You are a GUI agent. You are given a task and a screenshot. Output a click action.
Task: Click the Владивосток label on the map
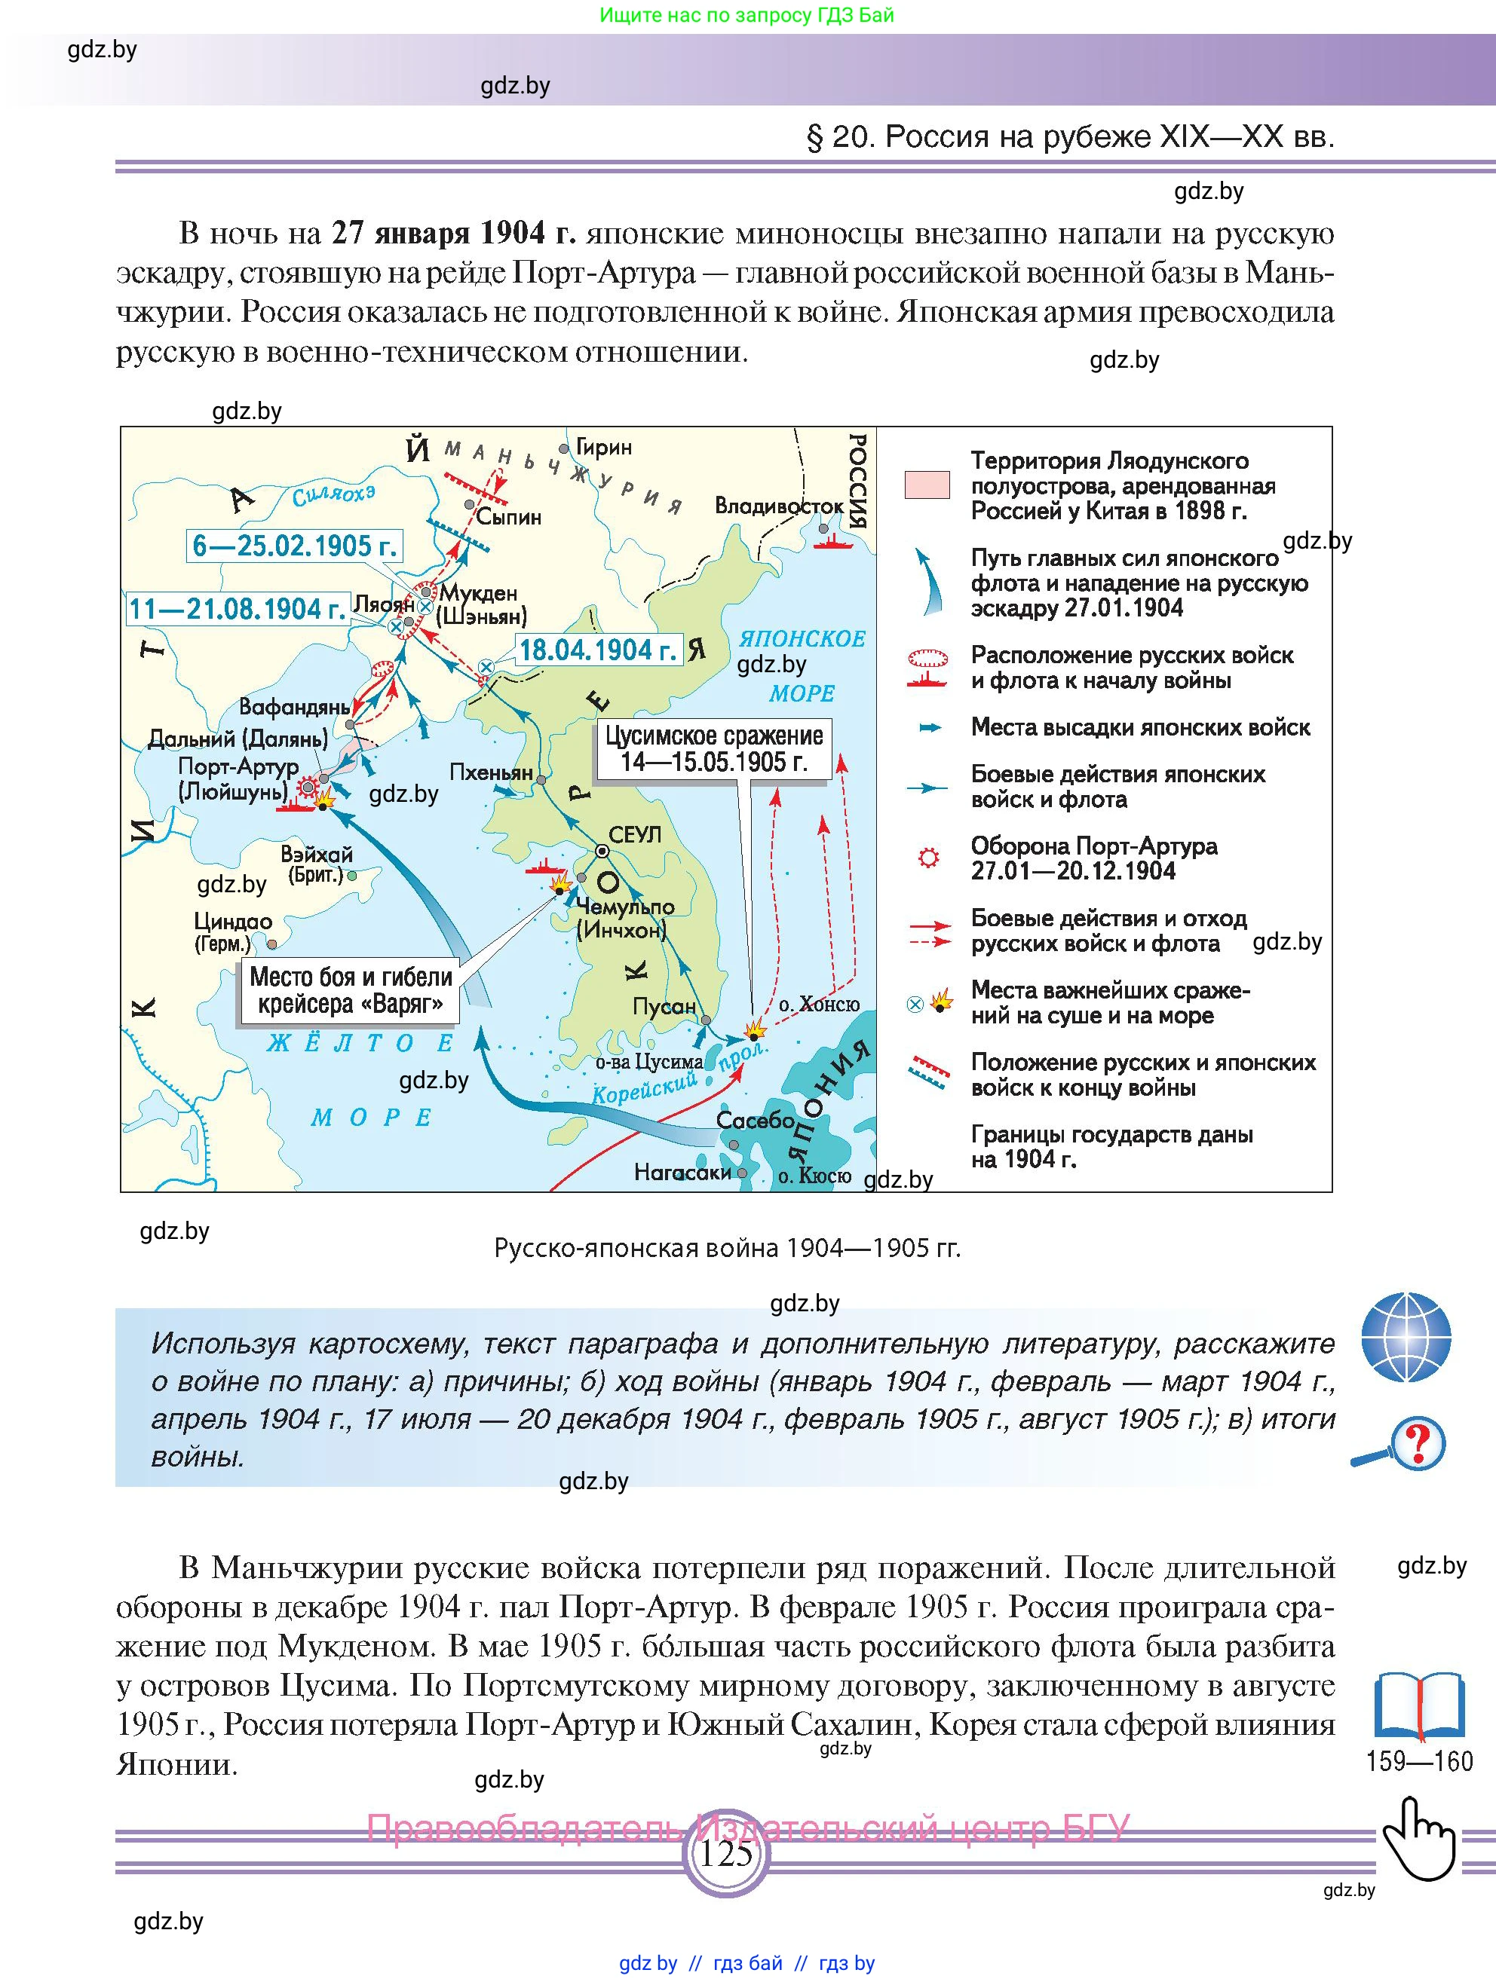coord(778,506)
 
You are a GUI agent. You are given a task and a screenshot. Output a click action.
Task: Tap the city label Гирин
coord(603,447)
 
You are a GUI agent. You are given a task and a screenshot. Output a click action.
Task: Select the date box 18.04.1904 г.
coord(598,650)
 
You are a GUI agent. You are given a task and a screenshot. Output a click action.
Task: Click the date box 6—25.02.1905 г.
coord(295,546)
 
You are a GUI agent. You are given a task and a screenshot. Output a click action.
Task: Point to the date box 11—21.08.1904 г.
coord(237,609)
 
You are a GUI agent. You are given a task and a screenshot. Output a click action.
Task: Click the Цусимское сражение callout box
coord(713,749)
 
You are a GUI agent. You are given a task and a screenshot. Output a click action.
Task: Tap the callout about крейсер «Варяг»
coord(350,990)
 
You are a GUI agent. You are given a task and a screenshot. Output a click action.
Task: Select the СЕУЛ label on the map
coord(635,835)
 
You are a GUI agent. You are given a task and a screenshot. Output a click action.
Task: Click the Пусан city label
coord(664,1006)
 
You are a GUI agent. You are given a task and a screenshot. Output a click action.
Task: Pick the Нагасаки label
coord(683,1172)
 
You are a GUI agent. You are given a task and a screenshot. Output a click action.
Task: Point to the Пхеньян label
coord(491,772)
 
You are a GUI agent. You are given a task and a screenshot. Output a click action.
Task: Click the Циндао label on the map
coord(233,921)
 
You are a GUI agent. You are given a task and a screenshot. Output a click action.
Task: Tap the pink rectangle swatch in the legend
coord(927,485)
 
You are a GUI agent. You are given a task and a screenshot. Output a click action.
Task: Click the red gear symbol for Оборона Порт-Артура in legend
coord(929,858)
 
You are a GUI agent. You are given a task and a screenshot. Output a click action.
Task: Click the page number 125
coord(726,1853)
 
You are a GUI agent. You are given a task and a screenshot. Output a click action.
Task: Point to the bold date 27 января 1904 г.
coord(452,233)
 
